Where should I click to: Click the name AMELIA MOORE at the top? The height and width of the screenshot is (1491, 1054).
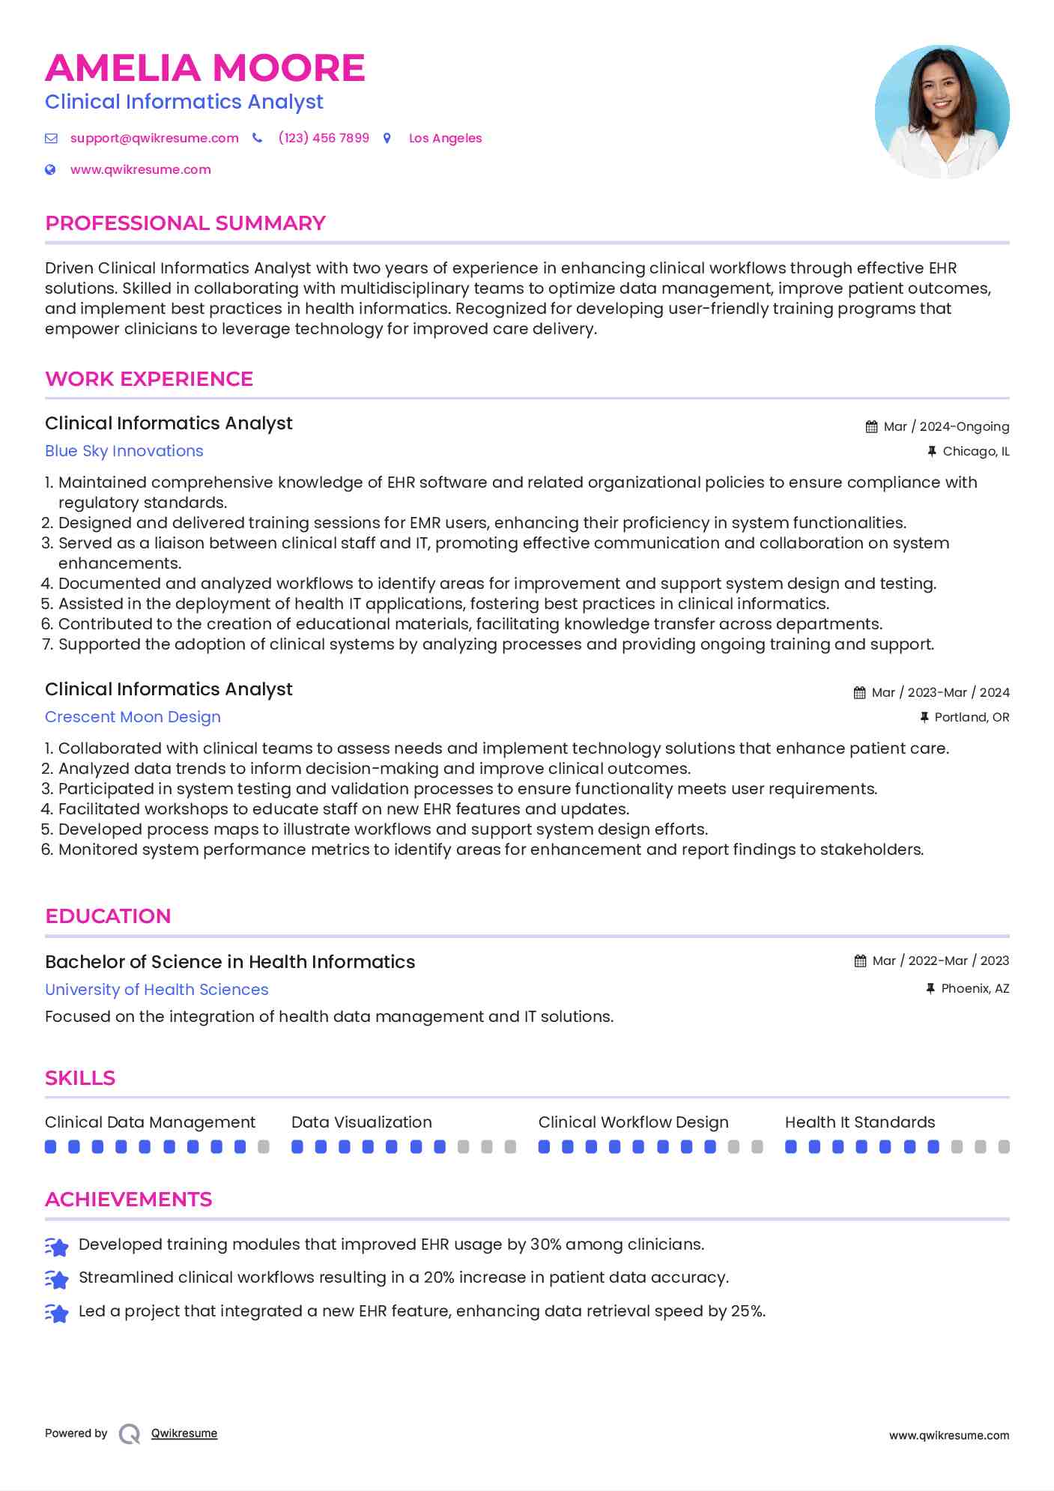pyautogui.click(x=205, y=68)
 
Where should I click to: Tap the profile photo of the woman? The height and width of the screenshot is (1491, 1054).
pyautogui.click(x=942, y=112)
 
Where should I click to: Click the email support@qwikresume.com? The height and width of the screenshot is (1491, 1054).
pyautogui.click(x=154, y=139)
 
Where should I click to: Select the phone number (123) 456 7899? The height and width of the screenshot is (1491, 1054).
pyautogui.click(x=324, y=139)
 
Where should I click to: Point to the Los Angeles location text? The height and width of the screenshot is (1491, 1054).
pyautogui.click(x=445, y=139)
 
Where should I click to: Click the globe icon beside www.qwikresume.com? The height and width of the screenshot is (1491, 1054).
pyautogui.click(x=50, y=170)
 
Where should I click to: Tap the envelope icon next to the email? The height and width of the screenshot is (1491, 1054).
pyautogui.click(x=51, y=139)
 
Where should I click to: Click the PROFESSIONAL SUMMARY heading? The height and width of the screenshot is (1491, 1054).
pyautogui.click(x=185, y=223)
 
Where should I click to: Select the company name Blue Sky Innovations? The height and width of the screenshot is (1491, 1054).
pyautogui.click(x=124, y=451)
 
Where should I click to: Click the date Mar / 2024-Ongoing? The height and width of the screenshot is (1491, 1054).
pyautogui.click(x=945, y=427)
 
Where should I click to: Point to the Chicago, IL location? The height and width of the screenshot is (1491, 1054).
pyautogui.click(x=975, y=452)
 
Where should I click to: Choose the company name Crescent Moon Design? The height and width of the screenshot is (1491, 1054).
pyautogui.click(x=133, y=717)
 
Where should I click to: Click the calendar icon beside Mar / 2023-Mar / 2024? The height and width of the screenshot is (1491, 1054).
pyautogui.click(x=859, y=693)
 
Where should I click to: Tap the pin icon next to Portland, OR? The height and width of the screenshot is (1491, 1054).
pyautogui.click(x=924, y=718)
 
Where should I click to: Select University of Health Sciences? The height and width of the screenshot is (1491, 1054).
pyautogui.click(x=157, y=990)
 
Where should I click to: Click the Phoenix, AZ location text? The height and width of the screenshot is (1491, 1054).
pyautogui.click(x=975, y=989)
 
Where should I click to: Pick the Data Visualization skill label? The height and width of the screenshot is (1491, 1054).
pyautogui.click(x=361, y=1122)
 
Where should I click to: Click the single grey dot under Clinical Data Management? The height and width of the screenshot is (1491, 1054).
pyautogui.click(x=264, y=1147)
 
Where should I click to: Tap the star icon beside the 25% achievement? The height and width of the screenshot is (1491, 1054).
pyautogui.click(x=57, y=1313)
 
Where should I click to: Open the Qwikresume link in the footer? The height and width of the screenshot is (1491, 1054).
pyautogui.click(x=184, y=1433)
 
